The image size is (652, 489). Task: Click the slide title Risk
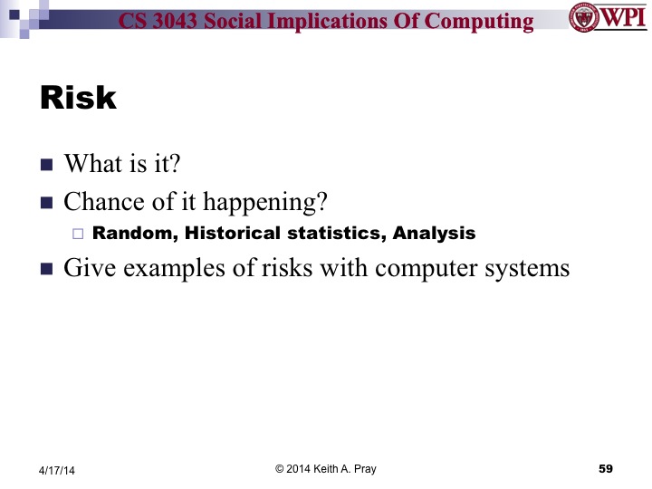(x=79, y=99)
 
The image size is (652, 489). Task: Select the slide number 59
(x=607, y=468)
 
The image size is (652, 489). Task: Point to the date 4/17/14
(x=56, y=470)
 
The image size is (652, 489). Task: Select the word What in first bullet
(x=91, y=165)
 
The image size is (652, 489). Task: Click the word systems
(x=531, y=270)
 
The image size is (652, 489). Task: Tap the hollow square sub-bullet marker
(x=77, y=234)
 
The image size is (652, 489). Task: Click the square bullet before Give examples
(x=47, y=269)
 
